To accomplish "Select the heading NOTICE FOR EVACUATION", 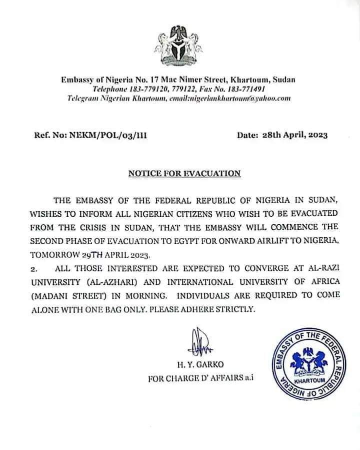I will point(184,173).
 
